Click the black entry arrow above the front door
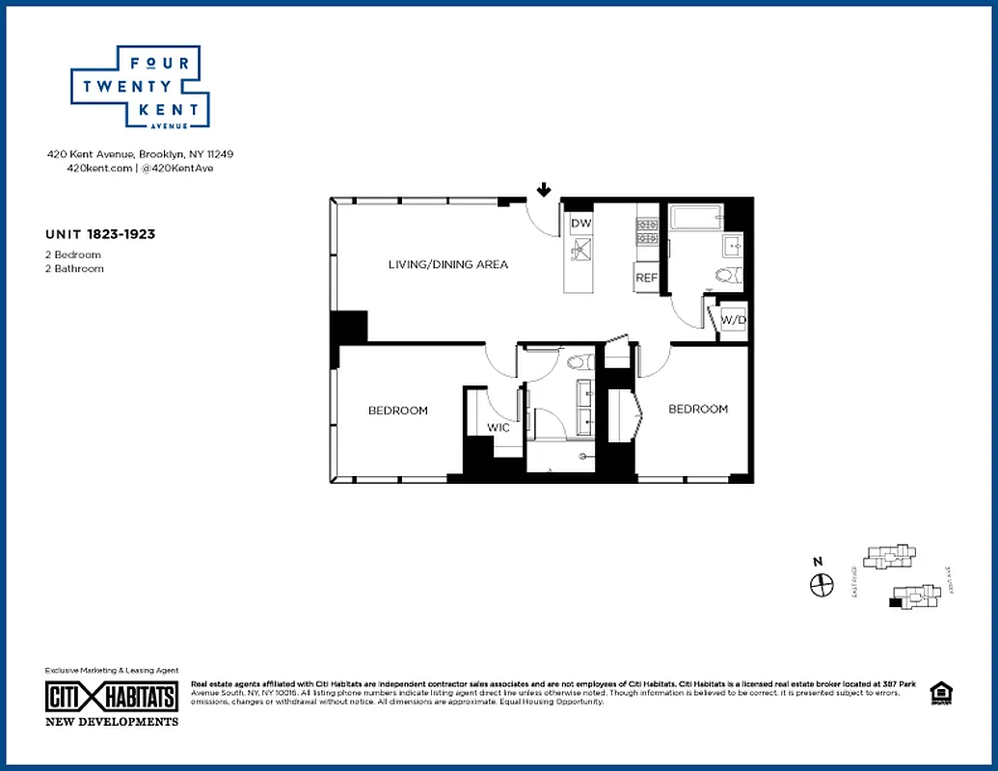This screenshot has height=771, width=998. click(x=544, y=190)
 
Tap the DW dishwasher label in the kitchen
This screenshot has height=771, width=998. click(x=580, y=224)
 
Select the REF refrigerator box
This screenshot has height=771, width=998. click(x=646, y=278)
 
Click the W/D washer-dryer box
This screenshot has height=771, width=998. click(x=733, y=319)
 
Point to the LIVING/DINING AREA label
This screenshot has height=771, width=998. click(x=447, y=264)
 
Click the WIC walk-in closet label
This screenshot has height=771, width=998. click(x=498, y=427)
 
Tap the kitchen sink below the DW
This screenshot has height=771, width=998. click(x=580, y=251)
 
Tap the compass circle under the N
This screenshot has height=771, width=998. click(x=822, y=585)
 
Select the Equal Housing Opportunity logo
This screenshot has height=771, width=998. click(x=938, y=694)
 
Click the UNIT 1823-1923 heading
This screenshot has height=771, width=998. click(x=100, y=234)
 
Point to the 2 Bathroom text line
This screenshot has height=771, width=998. click(x=74, y=269)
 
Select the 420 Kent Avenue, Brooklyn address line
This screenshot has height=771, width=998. click(x=141, y=154)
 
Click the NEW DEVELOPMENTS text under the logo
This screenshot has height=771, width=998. click(x=112, y=721)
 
